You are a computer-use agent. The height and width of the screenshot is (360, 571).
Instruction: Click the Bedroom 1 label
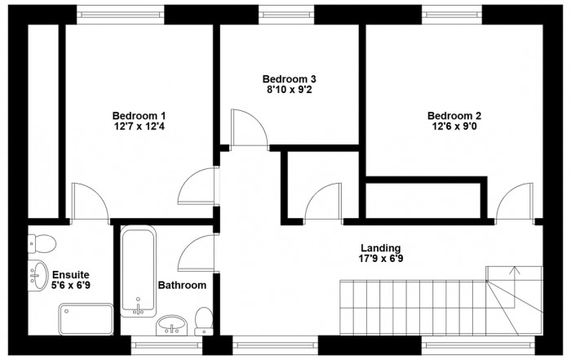click(x=139, y=116)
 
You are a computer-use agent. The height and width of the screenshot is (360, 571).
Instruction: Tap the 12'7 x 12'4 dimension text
click(x=139, y=127)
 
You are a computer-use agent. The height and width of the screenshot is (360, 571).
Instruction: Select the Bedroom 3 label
click(x=289, y=79)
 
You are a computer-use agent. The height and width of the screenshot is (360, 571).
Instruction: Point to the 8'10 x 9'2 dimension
click(x=289, y=90)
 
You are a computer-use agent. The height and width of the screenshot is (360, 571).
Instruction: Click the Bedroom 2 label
click(x=454, y=116)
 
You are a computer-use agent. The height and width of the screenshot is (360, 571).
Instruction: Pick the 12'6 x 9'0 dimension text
click(x=454, y=127)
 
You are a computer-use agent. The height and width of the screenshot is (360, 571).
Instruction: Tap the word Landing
click(x=381, y=248)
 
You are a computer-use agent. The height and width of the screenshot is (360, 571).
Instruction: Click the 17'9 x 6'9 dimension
click(x=381, y=259)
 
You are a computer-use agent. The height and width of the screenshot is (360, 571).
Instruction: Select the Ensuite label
click(x=71, y=275)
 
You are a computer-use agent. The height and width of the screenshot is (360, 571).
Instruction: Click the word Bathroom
click(x=182, y=285)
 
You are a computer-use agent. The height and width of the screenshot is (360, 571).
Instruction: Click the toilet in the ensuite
click(x=42, y=243)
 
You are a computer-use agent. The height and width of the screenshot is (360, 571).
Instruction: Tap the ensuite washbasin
click(x=38, y=275)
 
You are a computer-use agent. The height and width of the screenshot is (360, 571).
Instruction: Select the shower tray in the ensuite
click(x=86, y=319)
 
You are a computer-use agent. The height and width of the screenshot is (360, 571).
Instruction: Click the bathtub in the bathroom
click(x=138, y=271)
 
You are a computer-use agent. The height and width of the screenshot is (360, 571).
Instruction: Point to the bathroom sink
click(x=172, y=325)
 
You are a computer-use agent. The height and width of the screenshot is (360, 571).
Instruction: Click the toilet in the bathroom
click(x=204, y=321)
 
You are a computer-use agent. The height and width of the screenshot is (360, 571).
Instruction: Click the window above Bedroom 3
click(x=286, y=15)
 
